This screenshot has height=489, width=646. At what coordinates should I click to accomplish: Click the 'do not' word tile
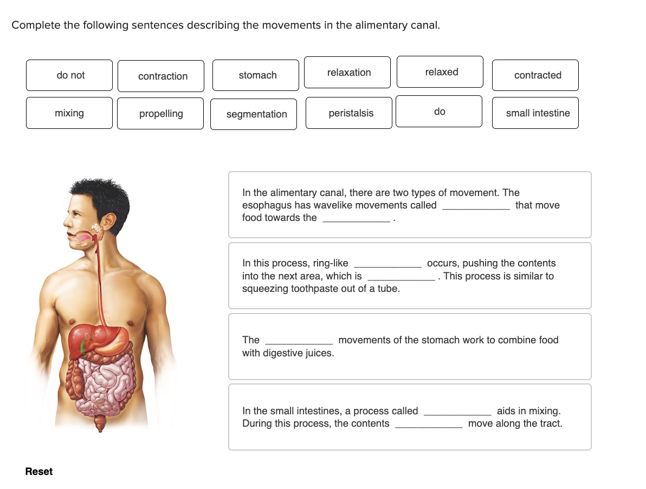pos(69,75)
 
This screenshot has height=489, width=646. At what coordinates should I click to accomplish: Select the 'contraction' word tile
pos(161,76)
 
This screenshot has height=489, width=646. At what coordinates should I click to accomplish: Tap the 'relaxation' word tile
pos(347,73)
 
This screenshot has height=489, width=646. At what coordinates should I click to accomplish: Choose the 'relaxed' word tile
pos(440,72)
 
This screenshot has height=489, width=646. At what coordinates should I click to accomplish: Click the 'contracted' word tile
pos(535,75)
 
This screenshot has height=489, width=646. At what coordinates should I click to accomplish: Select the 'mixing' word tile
pos(69,113)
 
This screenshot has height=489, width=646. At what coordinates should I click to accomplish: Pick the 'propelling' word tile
pos(160,114)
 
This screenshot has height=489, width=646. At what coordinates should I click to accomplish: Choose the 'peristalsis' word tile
pos(349,113)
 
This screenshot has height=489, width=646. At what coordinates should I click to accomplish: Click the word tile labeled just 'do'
pos(439,112)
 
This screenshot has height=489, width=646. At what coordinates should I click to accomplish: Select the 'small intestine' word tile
pos(535,113)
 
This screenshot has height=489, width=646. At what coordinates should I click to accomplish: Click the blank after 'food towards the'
pos(356,218)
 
